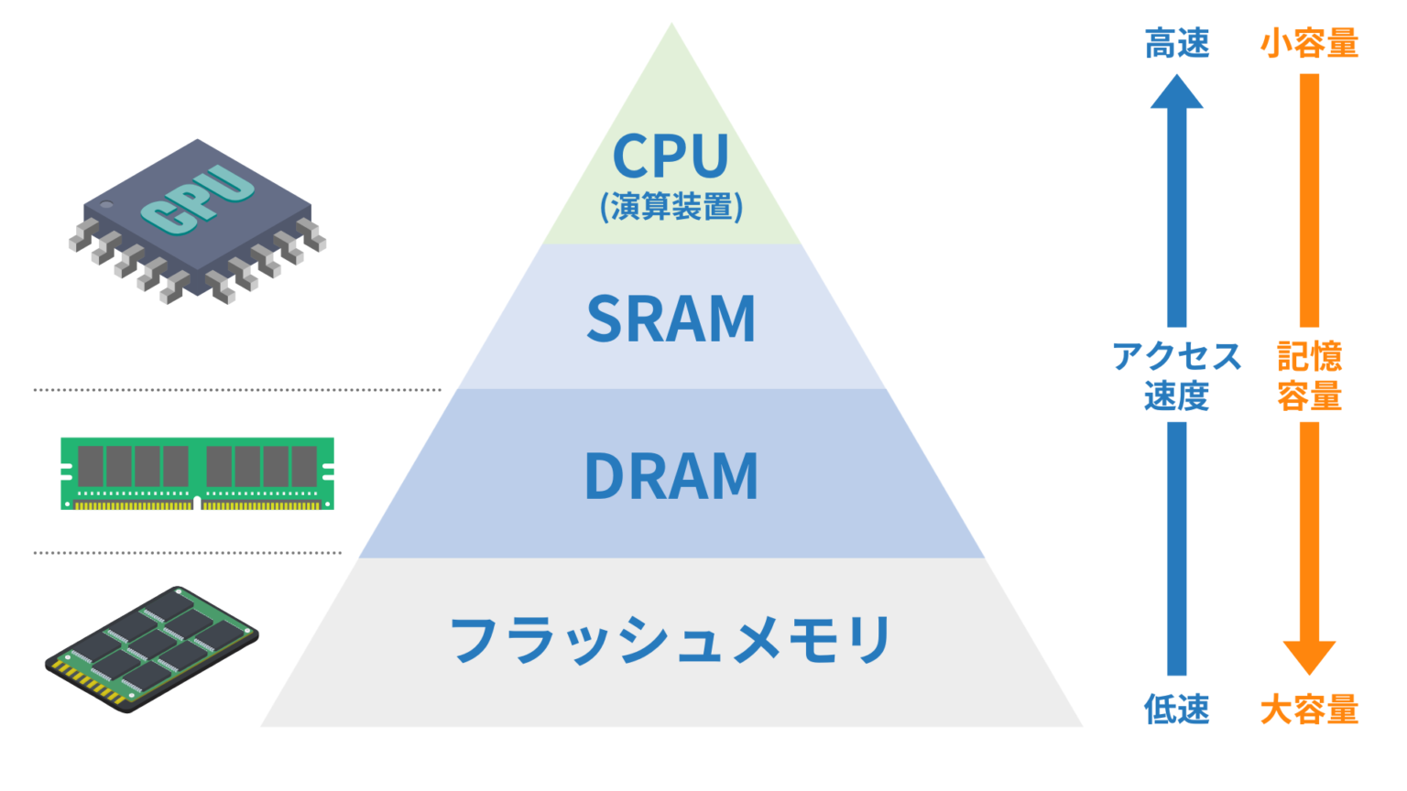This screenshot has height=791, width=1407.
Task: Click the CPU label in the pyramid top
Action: tap(671, 157)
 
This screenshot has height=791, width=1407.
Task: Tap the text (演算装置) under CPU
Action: tap(671, 207)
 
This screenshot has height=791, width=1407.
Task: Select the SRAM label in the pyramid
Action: tap(671, 319)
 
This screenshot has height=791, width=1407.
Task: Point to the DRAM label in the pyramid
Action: tap(671, 476)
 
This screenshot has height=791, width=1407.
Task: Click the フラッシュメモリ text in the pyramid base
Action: tap(671, 639)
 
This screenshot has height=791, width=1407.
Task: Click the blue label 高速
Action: tap(1177, 43)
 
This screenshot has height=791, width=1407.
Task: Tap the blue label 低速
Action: tap(1177, 710)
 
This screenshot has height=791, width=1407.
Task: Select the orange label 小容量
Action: tap(1309, 43)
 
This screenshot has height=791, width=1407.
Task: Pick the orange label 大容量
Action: tap(1309, 710)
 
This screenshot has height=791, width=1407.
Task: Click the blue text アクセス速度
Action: tap(1177, 375)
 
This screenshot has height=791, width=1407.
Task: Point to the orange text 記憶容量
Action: tap(1309, 375)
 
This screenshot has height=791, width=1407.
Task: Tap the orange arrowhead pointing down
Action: tap(1309, 656)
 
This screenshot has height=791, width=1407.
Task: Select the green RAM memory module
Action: tap(197, 473)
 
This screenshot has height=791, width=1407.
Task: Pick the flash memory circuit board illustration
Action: tap(152, 649)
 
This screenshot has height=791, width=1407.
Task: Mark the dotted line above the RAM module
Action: tap(237, 390)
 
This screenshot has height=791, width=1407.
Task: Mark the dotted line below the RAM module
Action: tap(188, 553)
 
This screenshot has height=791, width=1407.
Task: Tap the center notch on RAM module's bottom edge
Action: tap(197, 504)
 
